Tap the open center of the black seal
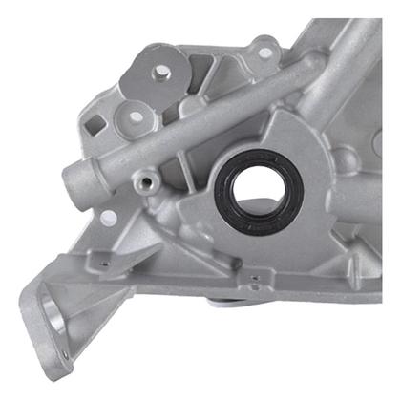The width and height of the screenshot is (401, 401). (260, 192)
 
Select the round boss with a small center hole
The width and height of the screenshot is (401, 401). (135, 116)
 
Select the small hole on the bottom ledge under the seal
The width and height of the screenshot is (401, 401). (255, 280)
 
